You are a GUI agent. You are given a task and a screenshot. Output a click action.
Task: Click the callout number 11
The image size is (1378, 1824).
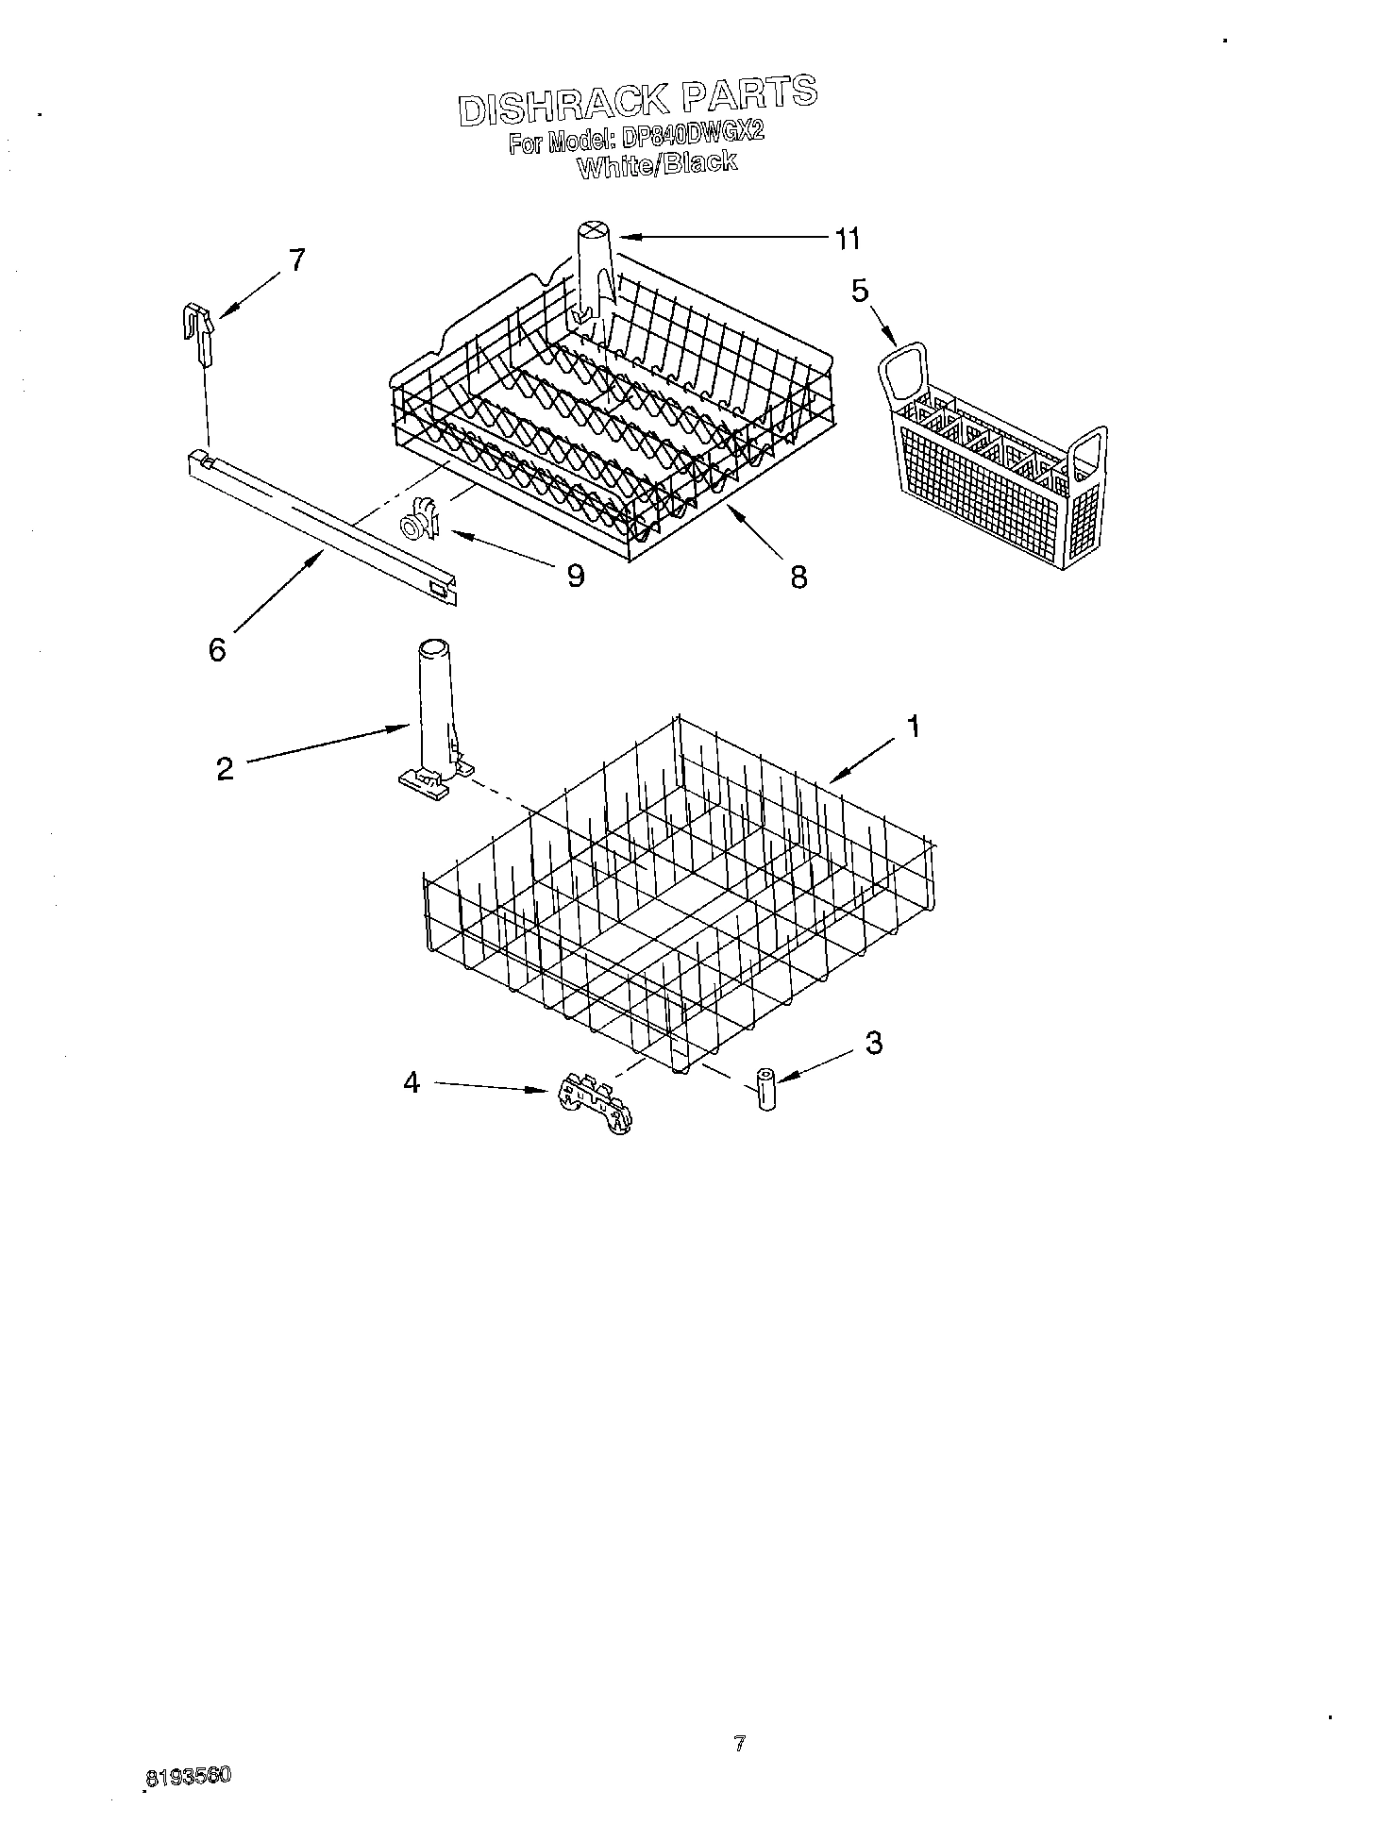point(846,240)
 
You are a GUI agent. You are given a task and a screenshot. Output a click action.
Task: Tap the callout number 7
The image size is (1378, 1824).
point(296,260)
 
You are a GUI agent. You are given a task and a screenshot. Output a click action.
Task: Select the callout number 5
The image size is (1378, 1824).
point(859,291)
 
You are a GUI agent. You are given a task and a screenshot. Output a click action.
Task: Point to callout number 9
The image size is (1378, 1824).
point(575,575)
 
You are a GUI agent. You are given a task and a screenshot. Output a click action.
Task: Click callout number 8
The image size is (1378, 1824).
point(798,577)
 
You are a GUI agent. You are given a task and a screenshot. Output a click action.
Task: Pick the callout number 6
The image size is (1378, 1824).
point(217,649)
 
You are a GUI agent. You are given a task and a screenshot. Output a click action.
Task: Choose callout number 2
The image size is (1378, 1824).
point(225,769)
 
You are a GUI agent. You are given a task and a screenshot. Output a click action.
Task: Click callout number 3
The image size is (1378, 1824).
point(874,1043)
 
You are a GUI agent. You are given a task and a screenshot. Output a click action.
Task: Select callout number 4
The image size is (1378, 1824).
point(412,1082)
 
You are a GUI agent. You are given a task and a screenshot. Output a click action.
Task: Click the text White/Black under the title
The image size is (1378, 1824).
point(656,165)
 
